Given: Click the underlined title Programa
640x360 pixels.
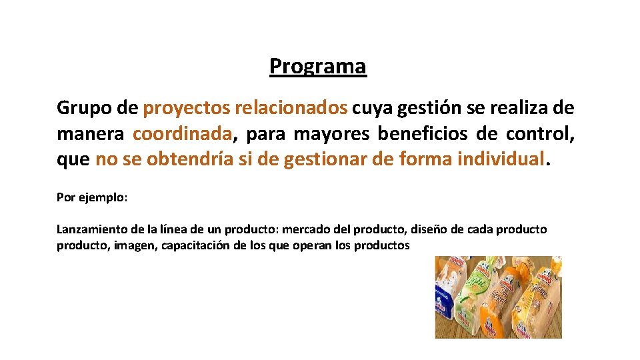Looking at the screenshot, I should point(318,67).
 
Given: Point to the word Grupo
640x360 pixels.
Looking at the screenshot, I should point(79,107).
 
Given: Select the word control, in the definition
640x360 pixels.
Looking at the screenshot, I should point(540,134).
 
